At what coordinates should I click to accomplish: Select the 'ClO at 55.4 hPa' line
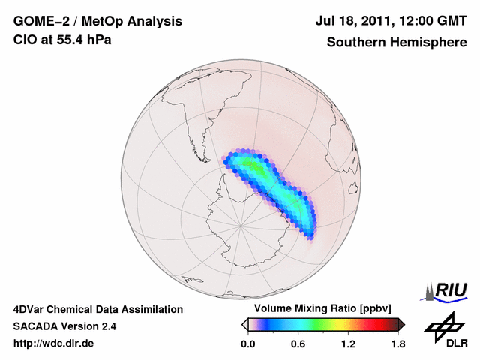62,40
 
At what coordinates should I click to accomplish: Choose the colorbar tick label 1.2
347,344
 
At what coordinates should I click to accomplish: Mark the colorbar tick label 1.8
397,344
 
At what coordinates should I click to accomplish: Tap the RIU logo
446,289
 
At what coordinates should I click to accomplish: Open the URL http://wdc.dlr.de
54,343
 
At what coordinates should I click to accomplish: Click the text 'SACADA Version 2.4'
64,326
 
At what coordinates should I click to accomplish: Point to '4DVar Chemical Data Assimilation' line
97,309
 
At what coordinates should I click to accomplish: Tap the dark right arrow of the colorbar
401,324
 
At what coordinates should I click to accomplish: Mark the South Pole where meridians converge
240,223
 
